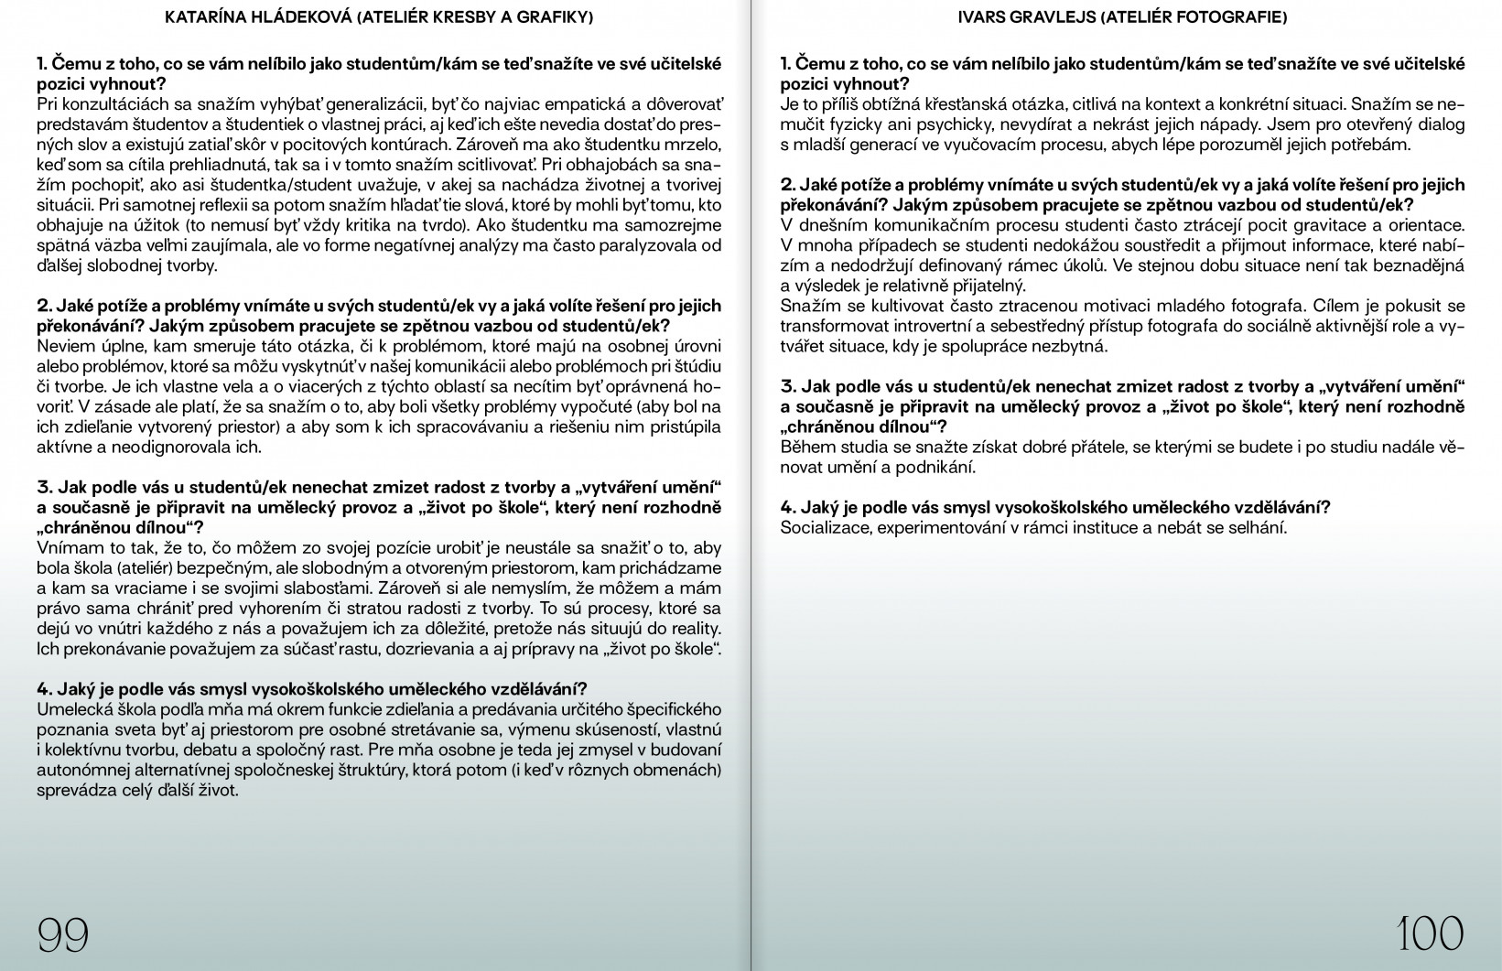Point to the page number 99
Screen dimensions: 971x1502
(62, 934)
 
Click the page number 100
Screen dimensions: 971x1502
(1431, 934)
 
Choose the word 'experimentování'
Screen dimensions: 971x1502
(935, 527)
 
